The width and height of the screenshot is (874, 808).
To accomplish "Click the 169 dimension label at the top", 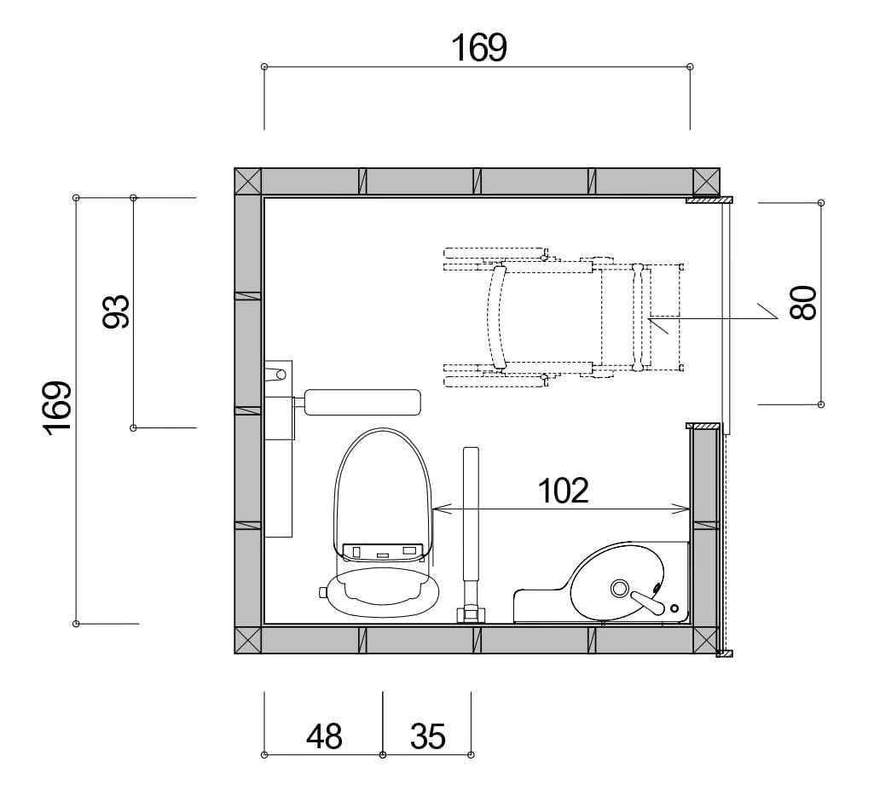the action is coord(479,48).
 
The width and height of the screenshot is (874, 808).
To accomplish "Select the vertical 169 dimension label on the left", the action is coord(57,408).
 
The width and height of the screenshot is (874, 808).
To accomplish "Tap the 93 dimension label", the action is coord(117,311).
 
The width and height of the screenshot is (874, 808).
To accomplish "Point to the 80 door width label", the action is coord(803,303).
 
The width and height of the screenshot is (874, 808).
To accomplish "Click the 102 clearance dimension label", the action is coord(563,491).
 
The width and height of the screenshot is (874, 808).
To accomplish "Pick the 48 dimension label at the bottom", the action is coord(324,736).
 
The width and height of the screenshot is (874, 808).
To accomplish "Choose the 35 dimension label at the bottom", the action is coord(427,736).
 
